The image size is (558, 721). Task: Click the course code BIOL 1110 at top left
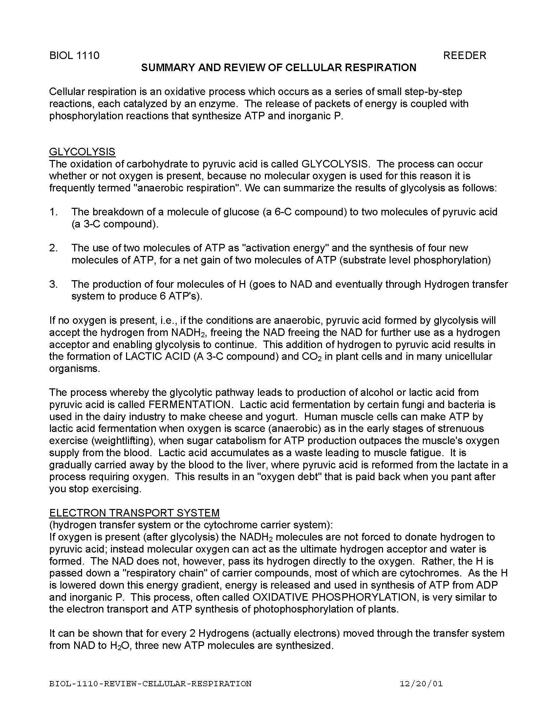point(74,55)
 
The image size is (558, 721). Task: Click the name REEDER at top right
point(464,55)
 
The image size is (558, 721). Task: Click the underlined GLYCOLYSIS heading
point(82,152)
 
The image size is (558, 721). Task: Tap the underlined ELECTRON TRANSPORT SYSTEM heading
point(134,513)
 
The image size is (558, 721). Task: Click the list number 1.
point(54,212)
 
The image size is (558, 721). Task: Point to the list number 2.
point(54,248)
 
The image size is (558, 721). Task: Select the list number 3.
point(54,284)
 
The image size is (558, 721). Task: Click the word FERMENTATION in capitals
point(189,404)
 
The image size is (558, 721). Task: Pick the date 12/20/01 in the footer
point(421,684)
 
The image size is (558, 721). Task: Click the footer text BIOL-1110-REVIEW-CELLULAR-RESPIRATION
point(150,684)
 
